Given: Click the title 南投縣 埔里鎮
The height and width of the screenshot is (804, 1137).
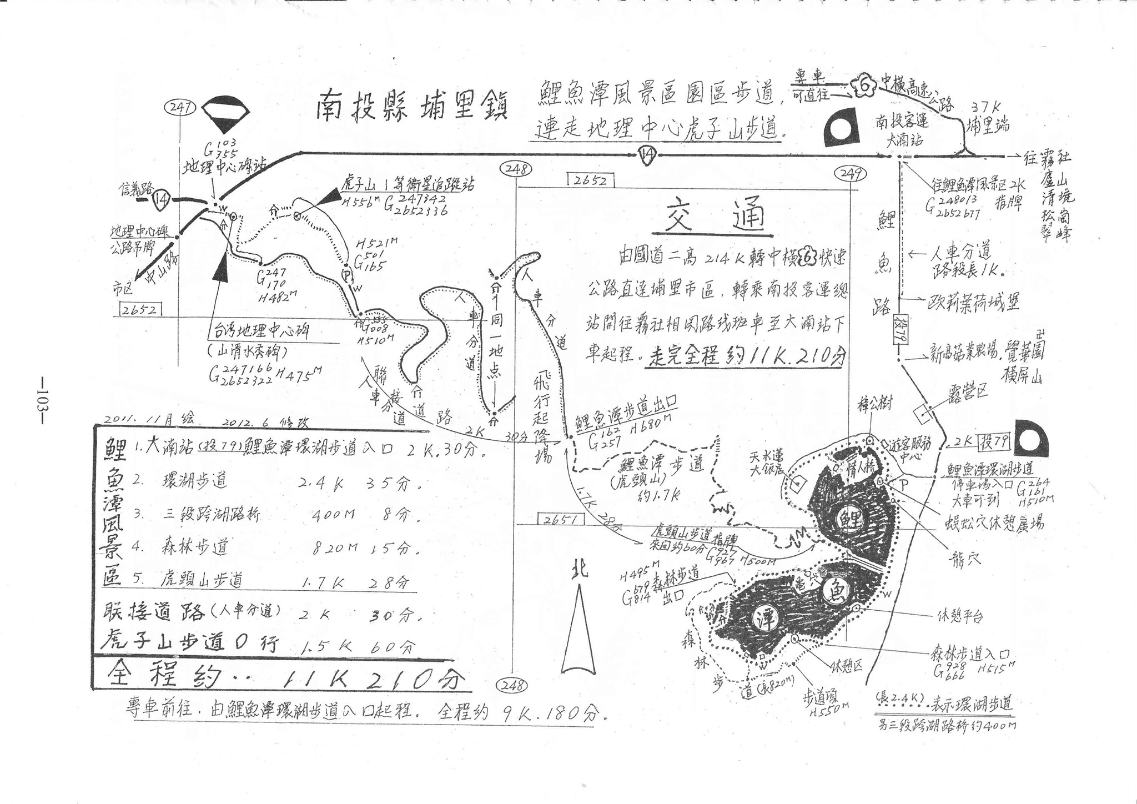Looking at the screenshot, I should tap(411, 105).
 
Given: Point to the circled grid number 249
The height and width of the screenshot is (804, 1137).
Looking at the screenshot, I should tap(851, 174).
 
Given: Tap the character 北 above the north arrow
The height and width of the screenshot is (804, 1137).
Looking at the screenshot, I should tap(578, 570).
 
